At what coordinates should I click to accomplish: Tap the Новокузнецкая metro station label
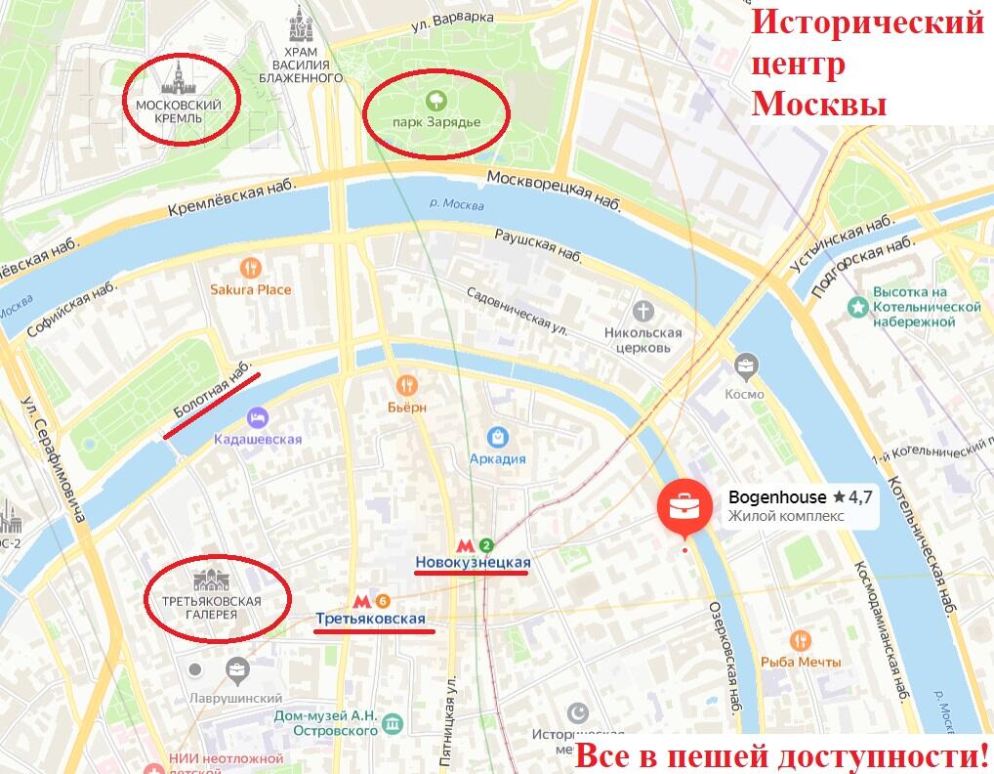click(x=473, y=562)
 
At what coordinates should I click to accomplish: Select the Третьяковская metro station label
click(x=370, y=619)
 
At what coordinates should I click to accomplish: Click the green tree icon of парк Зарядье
click(x=435, y=100)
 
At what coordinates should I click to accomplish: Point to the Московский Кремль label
click(x=178, y=110)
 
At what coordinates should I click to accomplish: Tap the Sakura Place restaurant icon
click(x=251, y=267)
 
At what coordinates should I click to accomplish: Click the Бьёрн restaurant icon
click(x=407, y=385)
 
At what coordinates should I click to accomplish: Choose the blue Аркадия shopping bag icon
click(x=497, y=436)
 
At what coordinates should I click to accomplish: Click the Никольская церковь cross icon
click(x=642, y=312)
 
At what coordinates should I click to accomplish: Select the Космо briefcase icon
click(x=746, y=368)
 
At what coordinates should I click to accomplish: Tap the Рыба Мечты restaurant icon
click(x=800, y=640)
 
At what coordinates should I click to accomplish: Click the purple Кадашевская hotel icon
click(x=258, y=417)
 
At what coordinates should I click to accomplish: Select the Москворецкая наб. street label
click(x=554, y=186)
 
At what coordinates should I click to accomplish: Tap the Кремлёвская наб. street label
click(x=230, y=199)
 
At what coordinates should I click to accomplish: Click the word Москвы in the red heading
click(x=818, y=104)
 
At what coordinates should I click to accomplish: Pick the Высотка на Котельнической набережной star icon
click(x=857, y=306)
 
